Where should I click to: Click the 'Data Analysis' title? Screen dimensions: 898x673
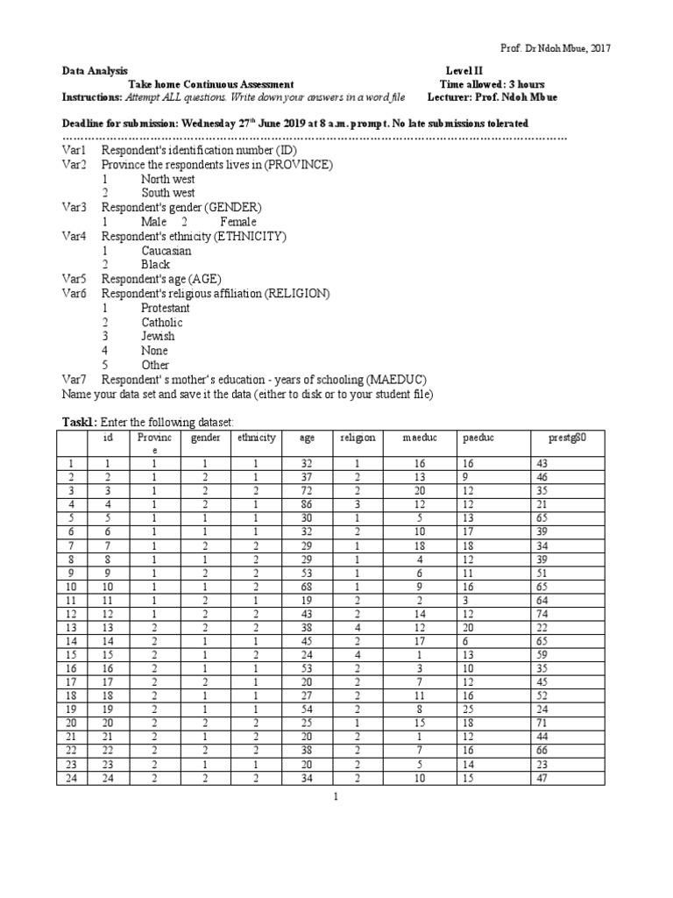pyautogui.click(x=94, y=70)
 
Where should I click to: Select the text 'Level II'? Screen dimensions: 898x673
pyautogui.click(x=464, y=70)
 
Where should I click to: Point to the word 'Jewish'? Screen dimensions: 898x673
pyautogui.click(x=158, y=336)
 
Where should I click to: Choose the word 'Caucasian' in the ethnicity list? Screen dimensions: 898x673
pyautogui.click(x=166, y=251)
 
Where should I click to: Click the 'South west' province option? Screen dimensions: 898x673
pyautogui.click(x=168, y=193)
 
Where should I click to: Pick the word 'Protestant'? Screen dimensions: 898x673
pyautogui.click(x=165, y=308)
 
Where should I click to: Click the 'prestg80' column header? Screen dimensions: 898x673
pyautogui.click(x=568, y=438)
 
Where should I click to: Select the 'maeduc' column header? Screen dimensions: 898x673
pyautogui.click(x=418, y=438)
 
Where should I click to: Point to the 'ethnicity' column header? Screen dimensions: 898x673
pyautogui.click(x=256, y=438)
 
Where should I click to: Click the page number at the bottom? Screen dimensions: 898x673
pyautogui.click(x=336, y=798)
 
